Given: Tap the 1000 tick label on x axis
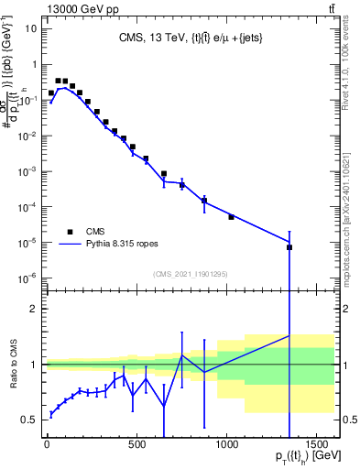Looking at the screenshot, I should click(226, 447).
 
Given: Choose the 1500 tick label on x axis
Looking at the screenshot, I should click(316, 447).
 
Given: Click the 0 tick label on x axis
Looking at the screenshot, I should click(47, 447).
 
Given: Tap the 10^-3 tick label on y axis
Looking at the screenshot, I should click(27, 171).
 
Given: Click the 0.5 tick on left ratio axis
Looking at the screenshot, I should click(29, 420).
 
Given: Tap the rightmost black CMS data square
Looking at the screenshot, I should click(289, 247).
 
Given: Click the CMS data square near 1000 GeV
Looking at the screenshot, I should click(231, 217).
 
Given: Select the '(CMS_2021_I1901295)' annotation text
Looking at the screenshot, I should click(190, 274).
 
